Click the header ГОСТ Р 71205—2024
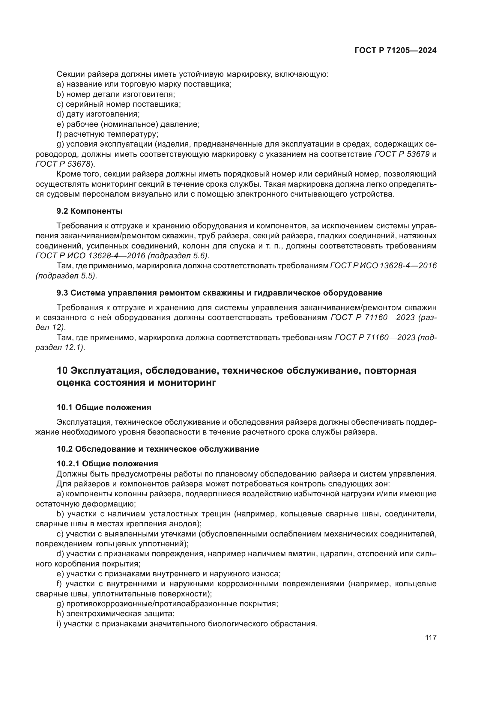[396, 51]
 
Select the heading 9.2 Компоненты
[89, 211]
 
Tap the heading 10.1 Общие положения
[104, 407]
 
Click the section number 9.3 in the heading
[63, 293]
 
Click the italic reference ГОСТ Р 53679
[402, 154]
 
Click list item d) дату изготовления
[98, 114]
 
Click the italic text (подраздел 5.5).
[66, 276]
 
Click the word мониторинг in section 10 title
[187, 382]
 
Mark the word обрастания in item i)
[294, 624]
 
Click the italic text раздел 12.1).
[60, 347]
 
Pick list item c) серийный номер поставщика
[119, 104]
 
